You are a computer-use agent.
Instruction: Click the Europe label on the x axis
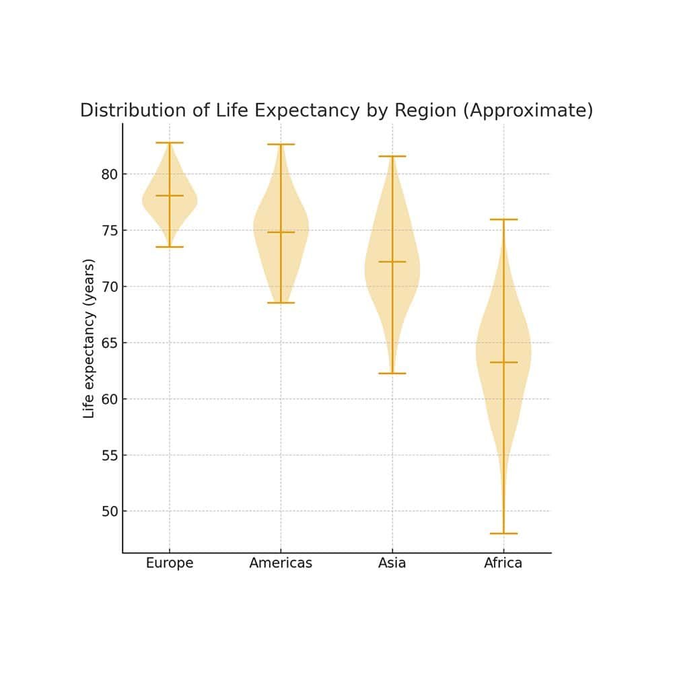click(170, 563)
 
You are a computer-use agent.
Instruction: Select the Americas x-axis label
click(281, 563)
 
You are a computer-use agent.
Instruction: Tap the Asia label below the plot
click(392, 563)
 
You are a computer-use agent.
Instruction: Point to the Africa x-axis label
click(503, 563)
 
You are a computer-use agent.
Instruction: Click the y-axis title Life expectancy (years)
click(90, 339)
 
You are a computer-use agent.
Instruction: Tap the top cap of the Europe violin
click(170, 143)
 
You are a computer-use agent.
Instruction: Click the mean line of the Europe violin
click(170, 196)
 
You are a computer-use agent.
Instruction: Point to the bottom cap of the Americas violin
click(281, 303)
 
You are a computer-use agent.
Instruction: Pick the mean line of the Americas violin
click(281, 232)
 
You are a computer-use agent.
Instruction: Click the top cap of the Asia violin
click(392, 156)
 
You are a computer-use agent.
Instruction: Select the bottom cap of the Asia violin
click(392, 374)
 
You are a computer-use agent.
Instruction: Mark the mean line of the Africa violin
click(503, 362)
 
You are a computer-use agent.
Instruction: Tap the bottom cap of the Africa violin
click(503, 534)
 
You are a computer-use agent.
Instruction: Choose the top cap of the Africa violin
click(503, 219)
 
